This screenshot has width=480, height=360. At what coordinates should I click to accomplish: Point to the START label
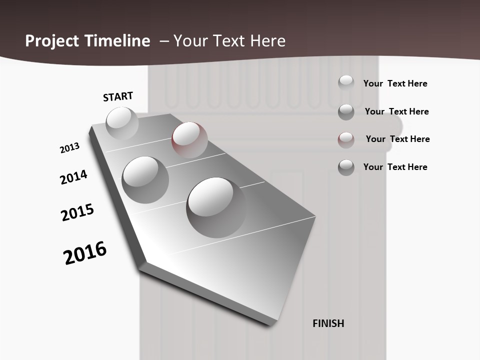[118, 96]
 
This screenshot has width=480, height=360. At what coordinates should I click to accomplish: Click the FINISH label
[328, 323]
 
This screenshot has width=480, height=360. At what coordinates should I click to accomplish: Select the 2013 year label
[69, 148]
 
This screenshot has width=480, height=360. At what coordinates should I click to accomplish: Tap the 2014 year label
[73, 177]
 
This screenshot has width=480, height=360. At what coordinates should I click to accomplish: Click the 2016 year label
[85, 253]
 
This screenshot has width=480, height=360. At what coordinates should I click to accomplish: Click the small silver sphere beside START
[122, 122]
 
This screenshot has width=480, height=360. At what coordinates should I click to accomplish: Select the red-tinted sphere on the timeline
[189, 139]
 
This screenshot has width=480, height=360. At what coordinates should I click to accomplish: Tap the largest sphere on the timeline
[216, 206]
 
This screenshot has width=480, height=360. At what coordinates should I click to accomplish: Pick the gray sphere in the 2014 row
[145, 179]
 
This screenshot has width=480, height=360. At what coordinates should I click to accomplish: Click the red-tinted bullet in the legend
[346, 139]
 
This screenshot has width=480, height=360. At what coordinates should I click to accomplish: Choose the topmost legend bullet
[346, 83]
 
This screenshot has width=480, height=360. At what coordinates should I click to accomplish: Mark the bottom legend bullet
[346, 167]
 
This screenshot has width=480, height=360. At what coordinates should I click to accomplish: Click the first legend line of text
[395, 83]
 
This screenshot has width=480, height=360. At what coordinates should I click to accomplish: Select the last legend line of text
[395, 167]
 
